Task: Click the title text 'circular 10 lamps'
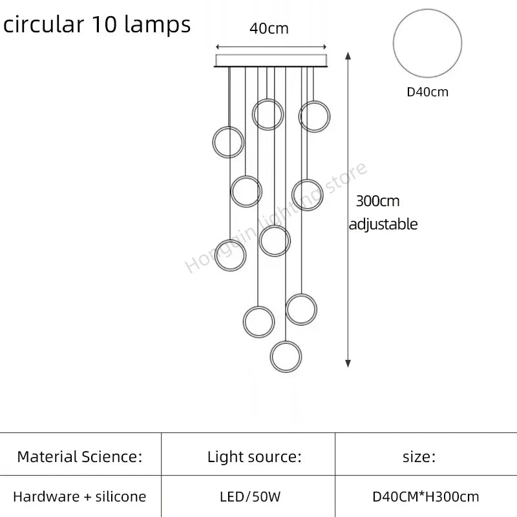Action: pos(97,25)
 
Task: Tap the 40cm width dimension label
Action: pos(269,28)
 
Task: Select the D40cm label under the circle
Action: pos(427,92)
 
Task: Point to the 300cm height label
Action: pos(377,201)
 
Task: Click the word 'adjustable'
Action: pos(383,224)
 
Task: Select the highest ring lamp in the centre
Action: pos(267,114)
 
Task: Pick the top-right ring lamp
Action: pos(315,116)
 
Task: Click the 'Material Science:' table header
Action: pos(79,458)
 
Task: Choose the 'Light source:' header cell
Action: pos(255,458)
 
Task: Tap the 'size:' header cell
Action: pos(419,458)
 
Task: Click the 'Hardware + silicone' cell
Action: pos(79,497)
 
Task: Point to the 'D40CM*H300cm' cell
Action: pos(426,497)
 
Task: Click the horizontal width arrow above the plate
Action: pos(270,47)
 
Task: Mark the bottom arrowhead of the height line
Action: pos(349,363)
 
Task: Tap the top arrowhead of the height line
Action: pos(349,57)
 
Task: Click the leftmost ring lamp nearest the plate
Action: pos(228,142)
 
